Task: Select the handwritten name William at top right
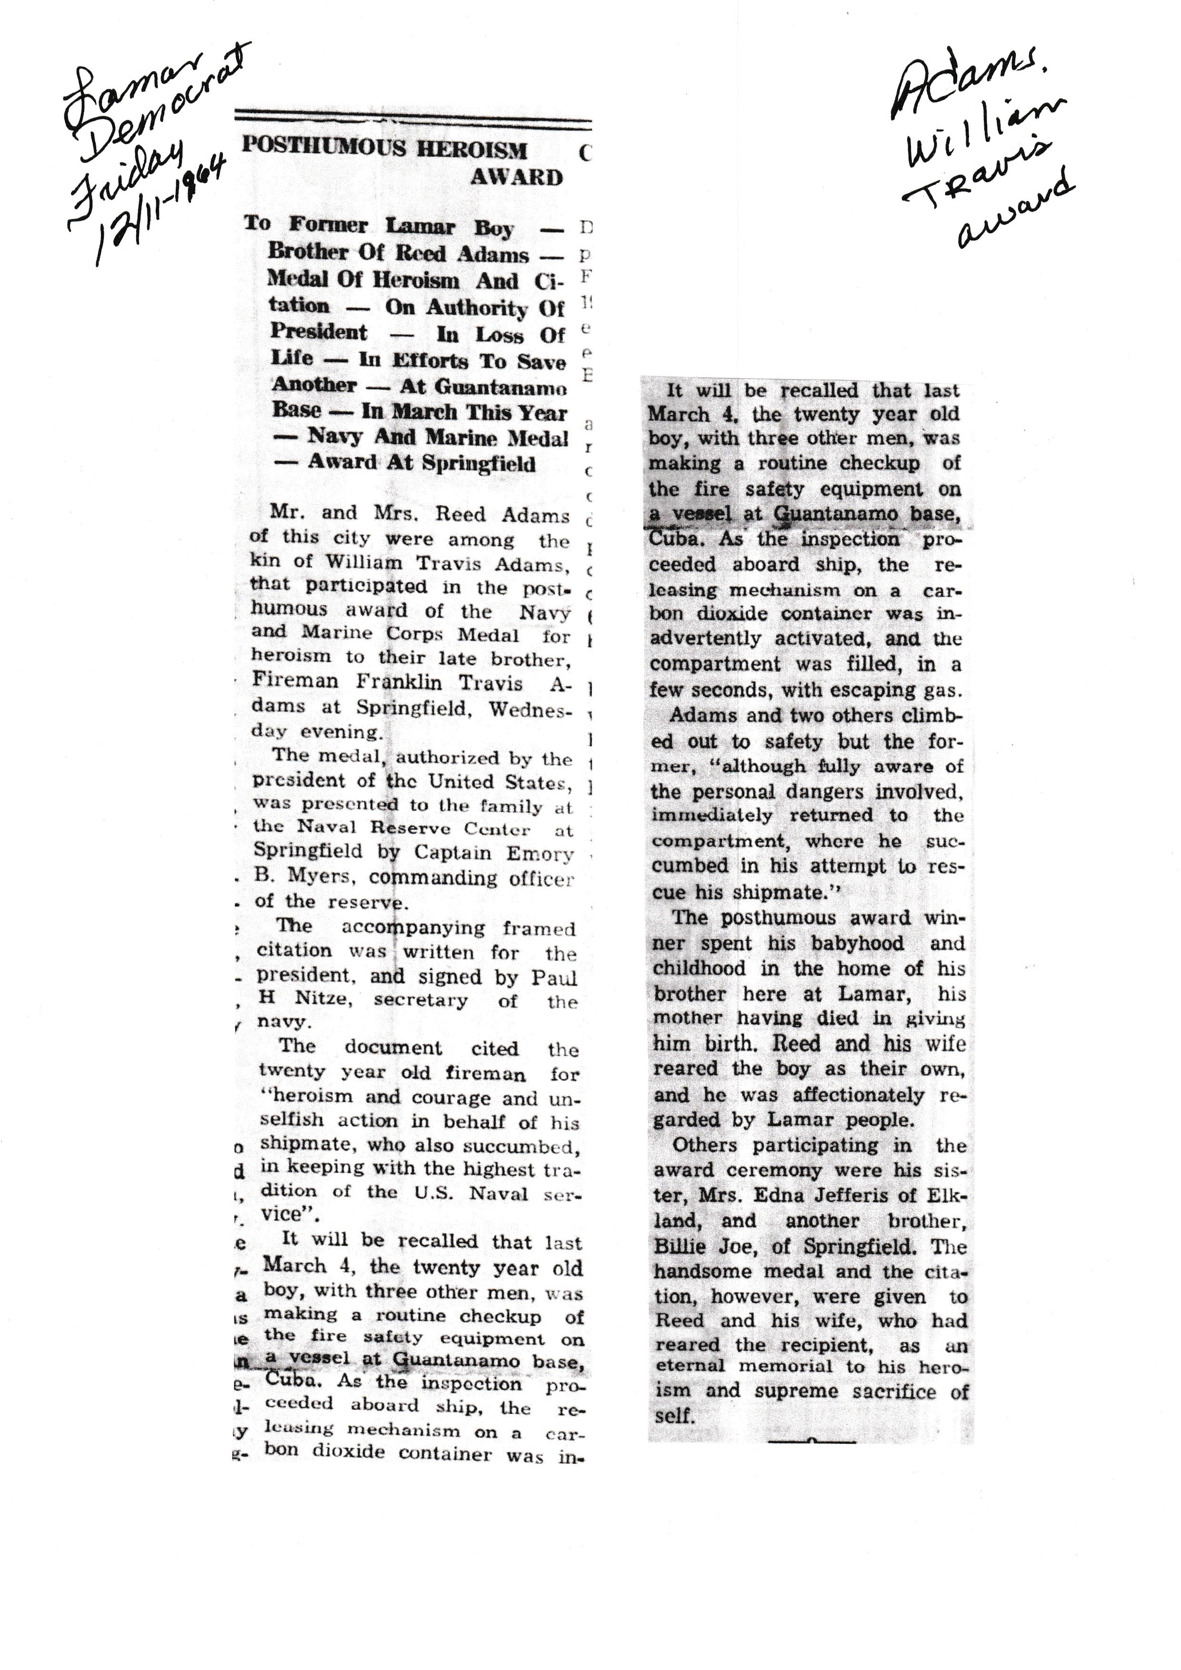(985, 131)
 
